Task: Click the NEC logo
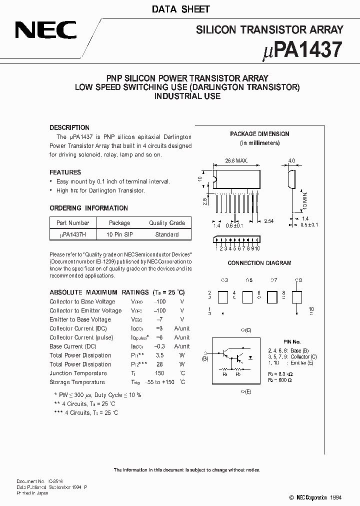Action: click(x=45, y=30)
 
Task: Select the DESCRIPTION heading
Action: click(x=69, y=127)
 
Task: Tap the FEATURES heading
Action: click(x=65, y=172)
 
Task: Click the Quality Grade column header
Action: click(x=167, y=223)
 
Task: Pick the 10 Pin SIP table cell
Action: click(x=119, y=234)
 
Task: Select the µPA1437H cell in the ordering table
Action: click(x=73, y=234)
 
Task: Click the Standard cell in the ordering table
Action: click(x=167, y=234)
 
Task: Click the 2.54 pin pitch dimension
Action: click(x=269, y=221)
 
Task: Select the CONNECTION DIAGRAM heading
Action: click(x=259, y=263)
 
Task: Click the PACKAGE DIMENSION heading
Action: click(x=259, y=134)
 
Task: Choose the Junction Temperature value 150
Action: click(x=159, y=373)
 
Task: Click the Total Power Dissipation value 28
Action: click(x=159, y=364)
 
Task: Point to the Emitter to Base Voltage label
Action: click(x=80, y=319)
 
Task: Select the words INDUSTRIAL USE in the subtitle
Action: click(x=187, y=96)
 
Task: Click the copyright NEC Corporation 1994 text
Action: click(x=316, y=498)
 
